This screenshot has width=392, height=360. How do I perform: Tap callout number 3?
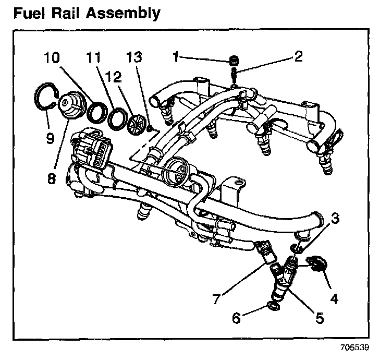tap(336, 219)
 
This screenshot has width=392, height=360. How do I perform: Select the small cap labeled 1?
tap(234, 60)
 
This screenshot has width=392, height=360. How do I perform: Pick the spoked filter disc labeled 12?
tap(138, 123)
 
